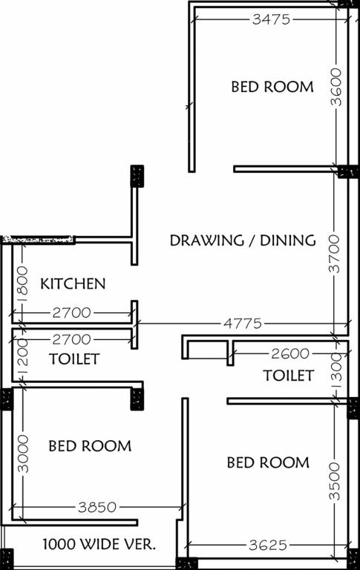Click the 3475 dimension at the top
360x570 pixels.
271,20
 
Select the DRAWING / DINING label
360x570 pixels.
243,240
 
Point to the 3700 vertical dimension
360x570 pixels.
335,253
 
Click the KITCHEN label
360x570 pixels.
73,284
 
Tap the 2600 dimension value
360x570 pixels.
290,353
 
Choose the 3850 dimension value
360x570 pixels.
97,508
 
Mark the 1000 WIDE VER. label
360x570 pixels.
99,544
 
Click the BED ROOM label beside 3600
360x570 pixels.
272,87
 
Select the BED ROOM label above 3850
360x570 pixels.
90,446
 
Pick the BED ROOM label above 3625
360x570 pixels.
268,463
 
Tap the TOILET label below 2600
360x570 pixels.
288,376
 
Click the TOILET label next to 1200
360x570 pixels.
74,360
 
